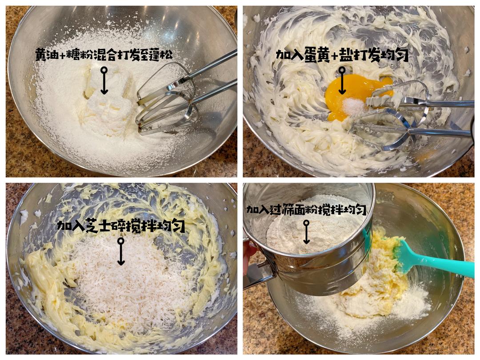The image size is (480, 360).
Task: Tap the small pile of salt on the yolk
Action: [354, 106]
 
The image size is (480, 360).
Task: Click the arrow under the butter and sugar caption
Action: [104, 81]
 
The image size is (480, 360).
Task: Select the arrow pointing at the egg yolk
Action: [342, 81]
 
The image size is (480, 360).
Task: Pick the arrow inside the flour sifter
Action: [306, 232]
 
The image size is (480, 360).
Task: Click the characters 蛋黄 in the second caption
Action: [317, 55]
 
